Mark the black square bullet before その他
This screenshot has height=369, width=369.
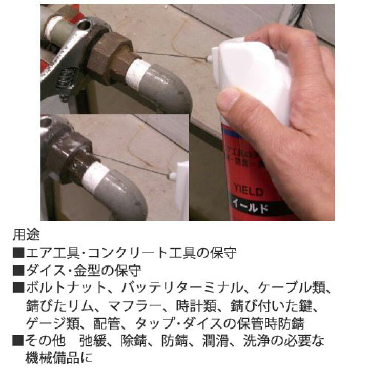point(18,340)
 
